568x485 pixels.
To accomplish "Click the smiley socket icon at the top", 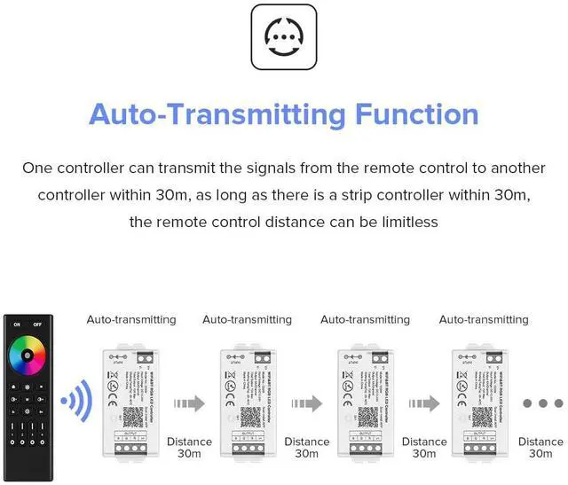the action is tap(284, 36).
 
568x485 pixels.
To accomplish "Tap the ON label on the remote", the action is tap(16, 325).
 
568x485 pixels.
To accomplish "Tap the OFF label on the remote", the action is tap(37, 325).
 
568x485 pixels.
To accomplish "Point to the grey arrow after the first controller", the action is tap(189, 403).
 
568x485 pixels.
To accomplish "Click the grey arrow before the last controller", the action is tap(424, 403).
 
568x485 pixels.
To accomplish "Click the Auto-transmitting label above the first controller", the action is tap(130, 319).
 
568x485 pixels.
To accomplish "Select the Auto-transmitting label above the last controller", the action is tap(484, 319).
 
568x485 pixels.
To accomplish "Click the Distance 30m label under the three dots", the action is tap(540, 448).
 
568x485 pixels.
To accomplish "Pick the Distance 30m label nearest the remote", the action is tap(189, 448).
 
